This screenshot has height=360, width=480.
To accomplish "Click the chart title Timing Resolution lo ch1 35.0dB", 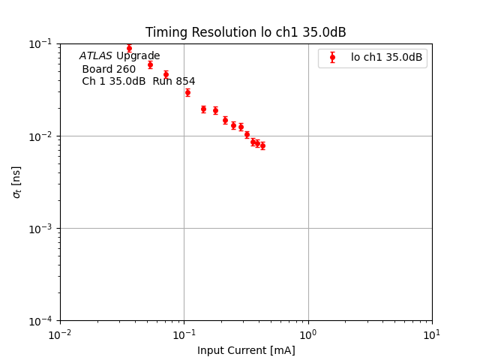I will click(245, 32).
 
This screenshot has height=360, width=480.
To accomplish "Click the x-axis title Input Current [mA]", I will click(246, 350).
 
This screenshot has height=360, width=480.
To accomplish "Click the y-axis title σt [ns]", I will click(16, 181).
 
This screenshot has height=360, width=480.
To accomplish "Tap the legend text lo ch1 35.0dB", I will click(386, 57).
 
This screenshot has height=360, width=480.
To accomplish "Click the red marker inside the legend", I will click(332, 57).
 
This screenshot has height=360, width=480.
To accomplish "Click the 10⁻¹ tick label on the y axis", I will click(43, 43).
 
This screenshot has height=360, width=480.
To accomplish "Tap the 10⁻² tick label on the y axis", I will click(43, 136).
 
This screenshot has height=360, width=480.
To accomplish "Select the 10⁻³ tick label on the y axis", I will click(43, 229).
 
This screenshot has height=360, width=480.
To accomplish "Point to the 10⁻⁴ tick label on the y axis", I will click(43, 321).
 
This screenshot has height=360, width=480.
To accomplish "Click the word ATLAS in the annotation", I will click(96, 56).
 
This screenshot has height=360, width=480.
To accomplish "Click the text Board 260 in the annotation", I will click(109, 69).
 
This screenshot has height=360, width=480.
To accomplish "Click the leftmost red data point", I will click(129, 48).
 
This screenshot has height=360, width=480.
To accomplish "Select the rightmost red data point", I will click(262, 145).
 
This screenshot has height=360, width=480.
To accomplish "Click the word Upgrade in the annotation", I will click(138, 56).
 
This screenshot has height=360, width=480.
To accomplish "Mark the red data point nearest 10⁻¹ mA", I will click(187, 92).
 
